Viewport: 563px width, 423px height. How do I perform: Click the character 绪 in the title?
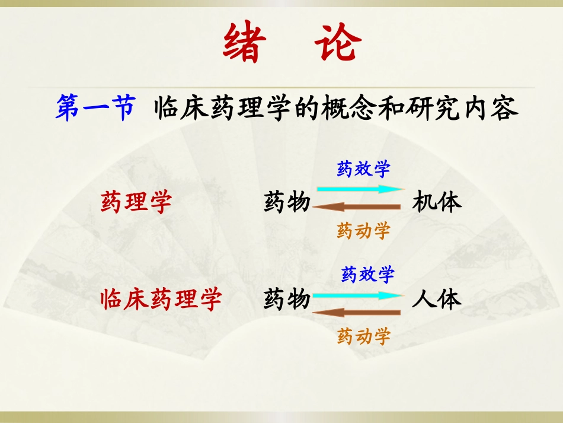click(x=242, y=43)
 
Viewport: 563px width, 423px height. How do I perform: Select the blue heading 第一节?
click(x=95, y=109)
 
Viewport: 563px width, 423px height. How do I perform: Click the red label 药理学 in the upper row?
click(x=136, y=202)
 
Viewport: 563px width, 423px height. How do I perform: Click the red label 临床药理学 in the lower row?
click(x=161, y=300)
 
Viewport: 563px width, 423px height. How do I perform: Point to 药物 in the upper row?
click(x=287, y=202)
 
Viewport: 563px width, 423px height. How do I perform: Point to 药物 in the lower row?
click(x=287, y=300)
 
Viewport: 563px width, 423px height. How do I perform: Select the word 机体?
click(x=437, y=202)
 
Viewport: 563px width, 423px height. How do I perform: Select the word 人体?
click(x=437, y=300)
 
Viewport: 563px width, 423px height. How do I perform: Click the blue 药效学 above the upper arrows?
click(x=363, y=170)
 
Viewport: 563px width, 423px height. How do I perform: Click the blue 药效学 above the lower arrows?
click(x=367, y=274)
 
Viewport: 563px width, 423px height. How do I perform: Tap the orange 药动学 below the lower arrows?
click(x=363, y=336)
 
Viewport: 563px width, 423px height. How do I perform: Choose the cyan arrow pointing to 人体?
click(x=358, y=295)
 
